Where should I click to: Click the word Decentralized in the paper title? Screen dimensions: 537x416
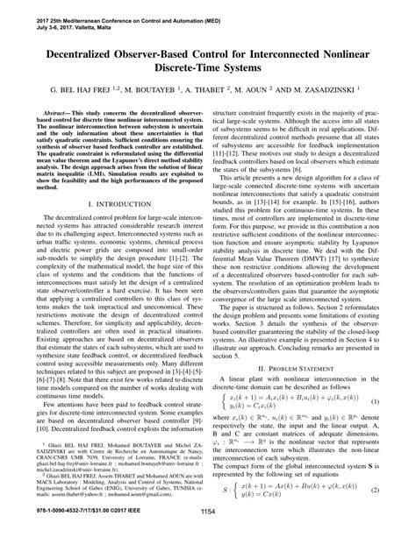pyautogui.click(x=73, y=52)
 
